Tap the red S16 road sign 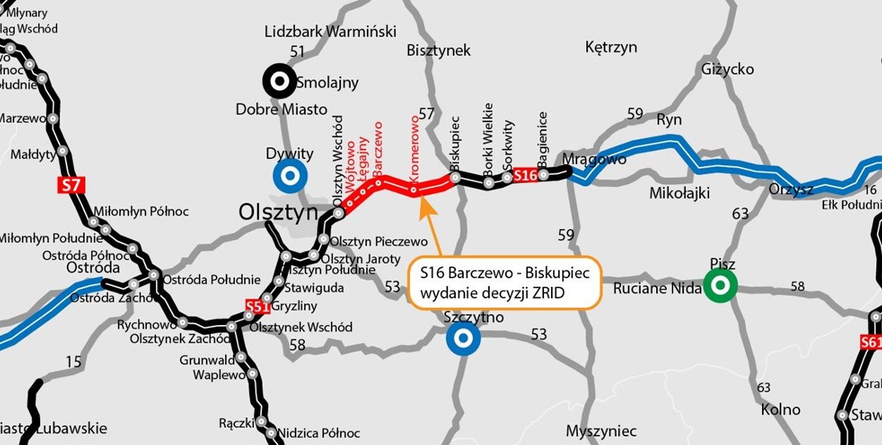pyautogui.click(x=526, y=175)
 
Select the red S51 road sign pyautogui.click(x=258, y=306)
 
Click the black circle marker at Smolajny pyautogui.click(x=279, y=82)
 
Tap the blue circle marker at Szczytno pyautogui.click(x=464, y=340)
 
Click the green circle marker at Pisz pyautogui.click(x=720, y=286)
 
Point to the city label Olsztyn pyautogui.click(x=278, y=211)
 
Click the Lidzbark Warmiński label pyautogui.click(x=330, y=32)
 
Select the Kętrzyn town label pyautogui.click(x=611, y=47)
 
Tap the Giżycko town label pyautogui.click(x=727, y=69)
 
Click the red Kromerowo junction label pyautogui.click(x=415, y=150)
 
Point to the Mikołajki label pyautogui.click(x=679, y=194)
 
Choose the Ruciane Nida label pyautogui.click(x=658, y=288)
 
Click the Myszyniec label pyautogui.click(x=601, y=431)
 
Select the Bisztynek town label pyautogui.click(x=438, y=50)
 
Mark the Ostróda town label pyautogui.click(x=90, y=268)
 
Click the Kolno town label pyautogui.click(x=781, y=410)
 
